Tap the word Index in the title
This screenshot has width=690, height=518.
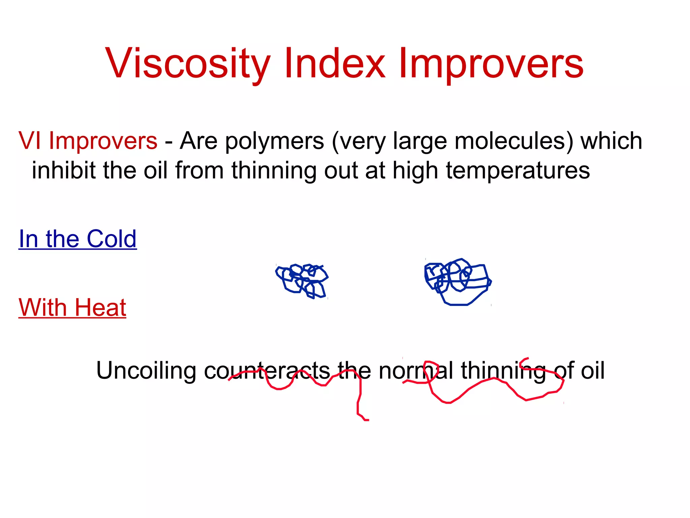(334, 63)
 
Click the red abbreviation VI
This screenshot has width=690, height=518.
(30, 141)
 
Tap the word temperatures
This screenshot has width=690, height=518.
(518, 171)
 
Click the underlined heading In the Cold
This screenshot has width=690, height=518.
(77, 239)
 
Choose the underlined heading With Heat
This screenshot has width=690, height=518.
(72, 307)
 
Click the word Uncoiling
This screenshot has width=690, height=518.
(146, 371)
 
